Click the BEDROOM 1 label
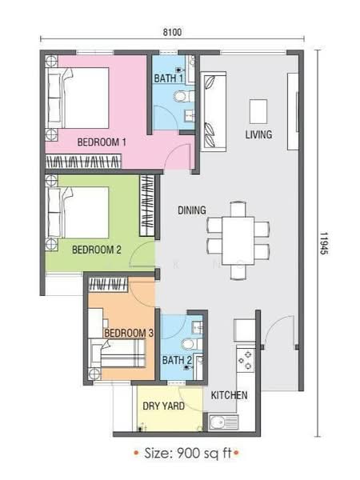pyautogui.click(x=102, y=142)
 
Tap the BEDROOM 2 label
pyautogui.click(x=97, y=250)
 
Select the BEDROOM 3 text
pyautogui.click(x=129, y=333)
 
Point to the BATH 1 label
pyautogui.click(x=168, y=78)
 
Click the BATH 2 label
pyautogui.click(x=177, y=361)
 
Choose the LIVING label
pyautogui.click(x=258, y=135)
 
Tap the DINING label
pyautogui.click(x=192, y=210)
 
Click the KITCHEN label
pyautogui.click(x=229, y=395)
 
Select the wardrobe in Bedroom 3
pyautogui.click(x=108, y=284)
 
